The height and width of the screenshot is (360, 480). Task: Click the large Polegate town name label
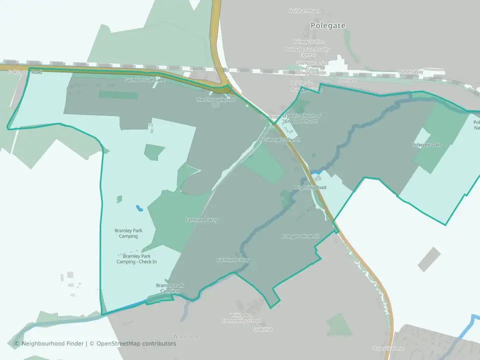tap(327, 25)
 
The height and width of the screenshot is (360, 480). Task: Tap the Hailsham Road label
tap(303, 10)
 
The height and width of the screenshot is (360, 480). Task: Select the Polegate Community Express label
tap(307, 52)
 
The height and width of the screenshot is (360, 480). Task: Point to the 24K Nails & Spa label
tap(311, 63)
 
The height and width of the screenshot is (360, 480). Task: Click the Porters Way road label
tap(410, 72)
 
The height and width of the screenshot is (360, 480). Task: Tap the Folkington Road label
tap(25, 72)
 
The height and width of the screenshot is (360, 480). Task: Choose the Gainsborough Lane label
tap(144, 80)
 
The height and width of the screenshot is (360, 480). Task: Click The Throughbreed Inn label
tap(215, 102)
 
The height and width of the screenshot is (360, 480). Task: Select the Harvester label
tap(269, 116)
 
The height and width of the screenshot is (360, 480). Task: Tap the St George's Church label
tap(279, 139)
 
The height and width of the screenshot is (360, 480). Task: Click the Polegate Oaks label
tap(426, 145)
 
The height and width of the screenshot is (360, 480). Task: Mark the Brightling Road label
tap(310, 187)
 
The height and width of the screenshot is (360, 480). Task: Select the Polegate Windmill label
tap(300, 236)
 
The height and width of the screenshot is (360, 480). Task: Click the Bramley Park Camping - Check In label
tap(136, 259)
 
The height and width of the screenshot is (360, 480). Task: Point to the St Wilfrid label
tap(262, 330)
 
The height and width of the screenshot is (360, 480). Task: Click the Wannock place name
tap(185, 336)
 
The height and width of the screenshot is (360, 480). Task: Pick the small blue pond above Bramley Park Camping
tap(138, 207)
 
